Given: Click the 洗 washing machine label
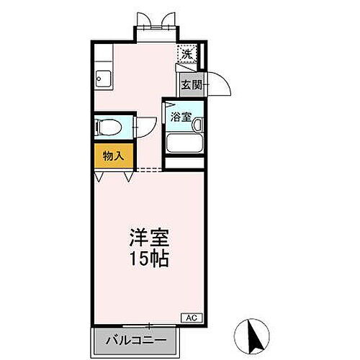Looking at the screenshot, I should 186,53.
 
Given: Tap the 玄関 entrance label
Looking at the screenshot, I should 191,84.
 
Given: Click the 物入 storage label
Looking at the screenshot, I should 113,155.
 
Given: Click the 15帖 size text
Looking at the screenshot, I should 149,259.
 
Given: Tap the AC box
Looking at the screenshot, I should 192,317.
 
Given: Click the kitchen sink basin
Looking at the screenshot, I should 102,80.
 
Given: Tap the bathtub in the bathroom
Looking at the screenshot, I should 185,143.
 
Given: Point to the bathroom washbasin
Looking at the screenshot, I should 197,124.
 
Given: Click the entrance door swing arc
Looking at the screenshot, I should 219,84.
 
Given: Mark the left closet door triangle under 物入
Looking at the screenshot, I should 98,176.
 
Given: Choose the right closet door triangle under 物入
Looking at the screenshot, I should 128,176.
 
